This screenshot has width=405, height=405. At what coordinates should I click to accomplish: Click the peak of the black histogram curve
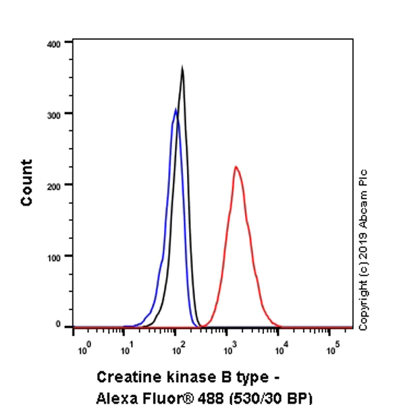(x=182, y=67)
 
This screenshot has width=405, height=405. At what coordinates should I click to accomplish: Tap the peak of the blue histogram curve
(x=175, y=109)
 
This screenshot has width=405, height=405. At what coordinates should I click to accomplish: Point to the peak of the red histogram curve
(x=236, y=167)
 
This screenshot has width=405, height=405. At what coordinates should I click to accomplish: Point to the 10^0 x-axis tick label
(x=84, y=350)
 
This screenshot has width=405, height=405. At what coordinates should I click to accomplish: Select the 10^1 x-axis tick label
(x=126, y=350)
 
